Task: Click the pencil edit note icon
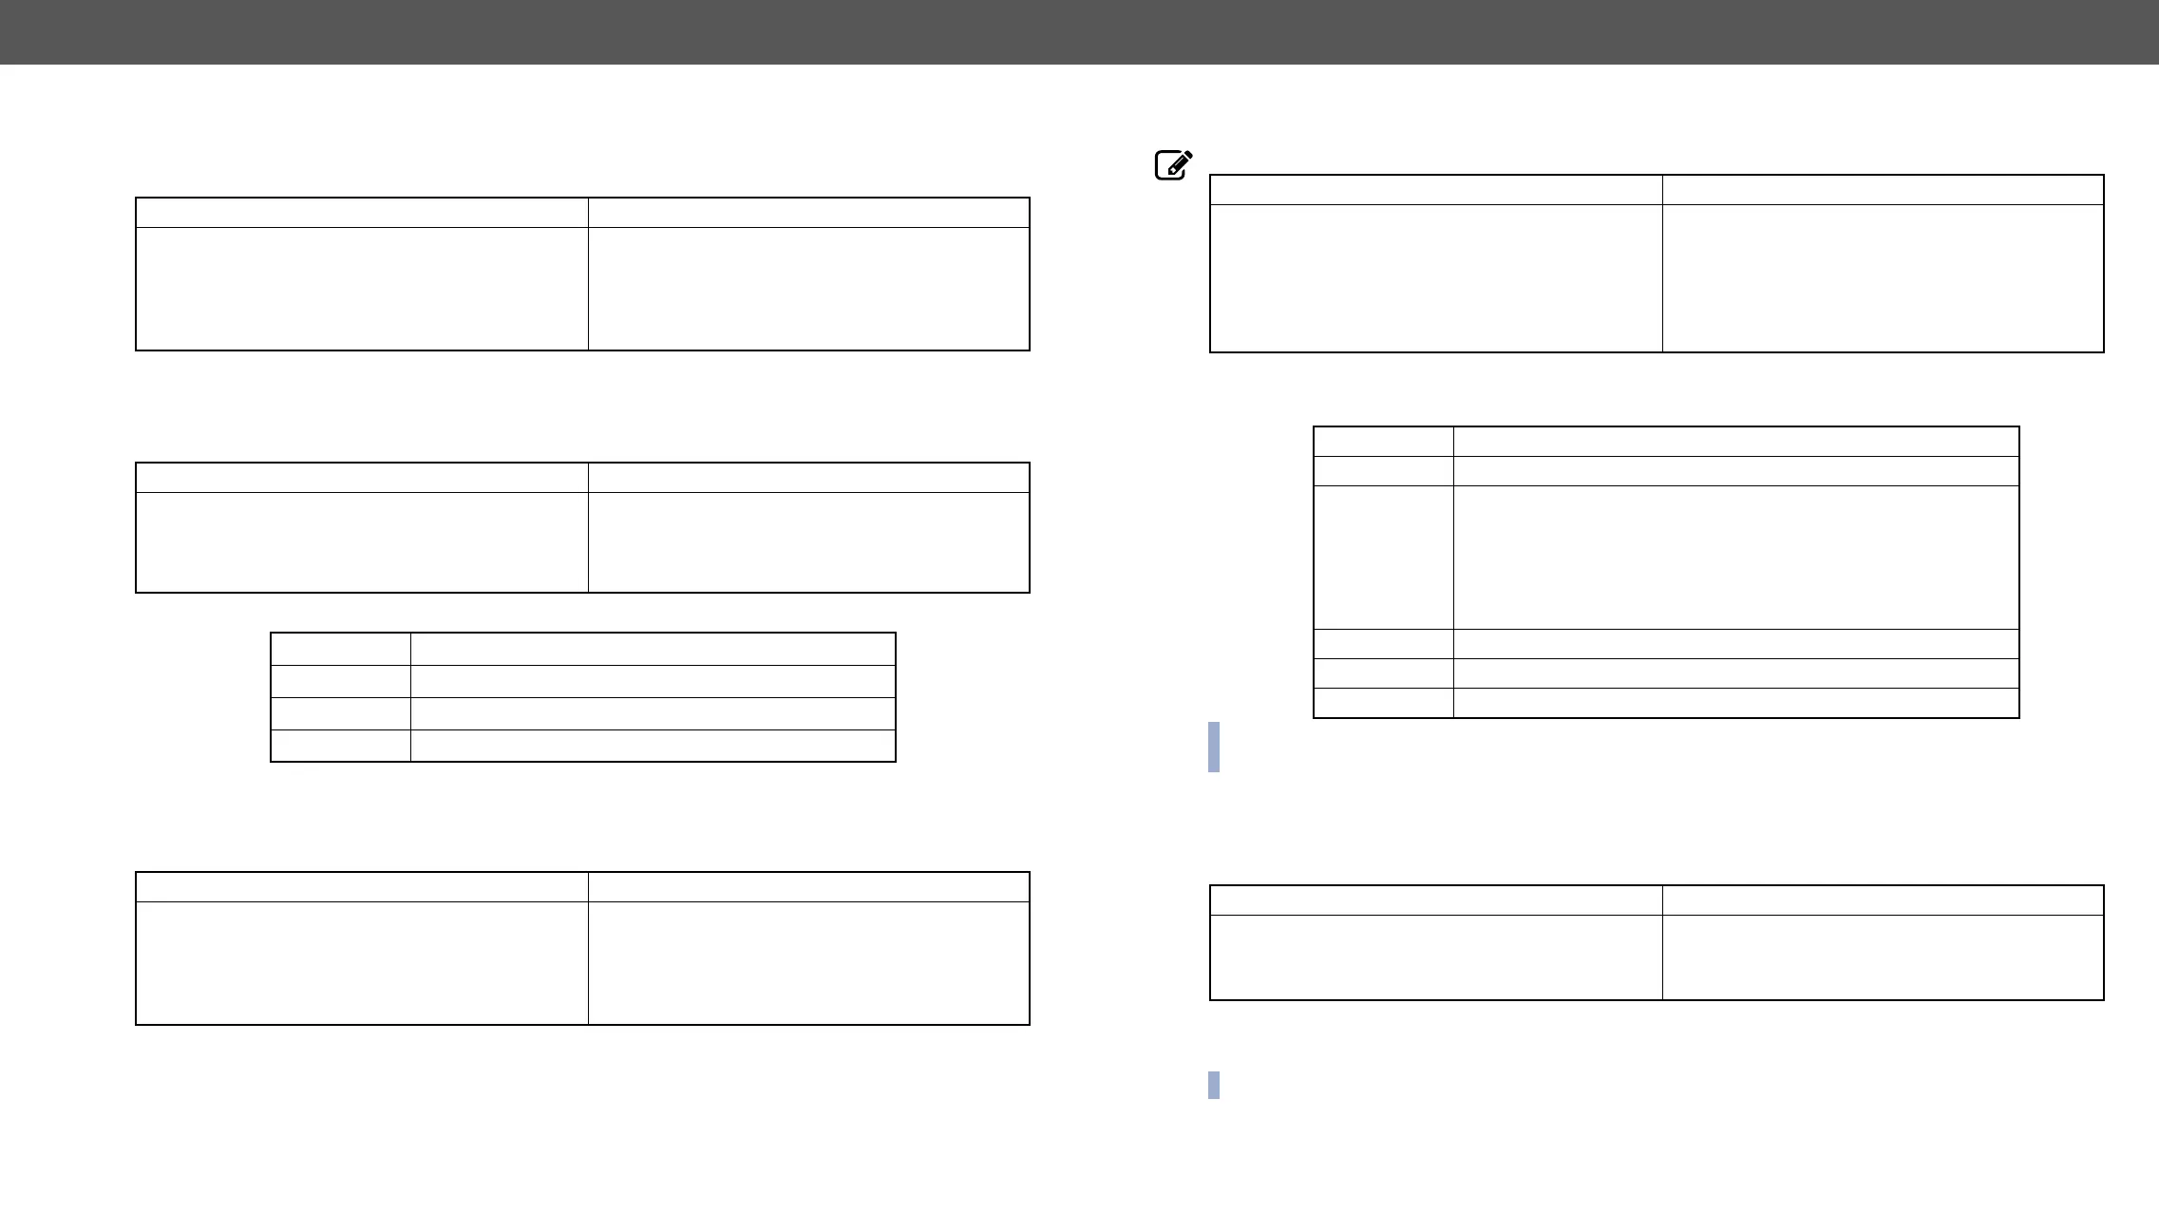[x=1173, y=165]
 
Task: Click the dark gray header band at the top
[x=1079, y=31]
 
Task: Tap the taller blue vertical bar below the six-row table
[x=1214, y=747]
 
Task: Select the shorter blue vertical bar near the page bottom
[x=1214, y=1085]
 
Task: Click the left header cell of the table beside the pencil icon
[x=1435, y=189]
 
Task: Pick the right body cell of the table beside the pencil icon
[x=1883, y=278]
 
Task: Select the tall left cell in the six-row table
[x=1383, y=557]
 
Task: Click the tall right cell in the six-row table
[x=1735, y=557]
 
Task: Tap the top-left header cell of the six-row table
[x=1383, y=441]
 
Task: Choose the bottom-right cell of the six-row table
[x=1735, y=703]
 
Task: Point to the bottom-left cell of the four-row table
[x=340, y=746]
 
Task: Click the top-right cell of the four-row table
[x=653, y=649]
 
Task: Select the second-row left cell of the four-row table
[x=340, y=681]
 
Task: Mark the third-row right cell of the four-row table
[x=653, y=713]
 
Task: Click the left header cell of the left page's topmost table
[x=361, y=212]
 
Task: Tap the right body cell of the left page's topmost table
[x=808, y=289]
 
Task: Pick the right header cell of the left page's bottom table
[x=808, y=886]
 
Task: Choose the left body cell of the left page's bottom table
[x=361, y=963]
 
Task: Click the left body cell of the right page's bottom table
[x=1435, y=957]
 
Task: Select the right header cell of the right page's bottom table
[x=1883, y=900]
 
